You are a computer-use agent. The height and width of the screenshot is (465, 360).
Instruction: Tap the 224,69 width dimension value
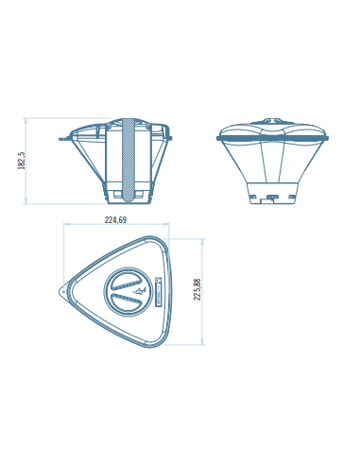click(x=116, y=221)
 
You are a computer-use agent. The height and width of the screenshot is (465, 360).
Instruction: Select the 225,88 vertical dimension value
click(x=197, y=288)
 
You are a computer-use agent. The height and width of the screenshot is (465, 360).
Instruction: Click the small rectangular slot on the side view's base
click(x=273, y=198)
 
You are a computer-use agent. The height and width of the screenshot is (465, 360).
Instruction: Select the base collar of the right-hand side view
click(x=273, y=194)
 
